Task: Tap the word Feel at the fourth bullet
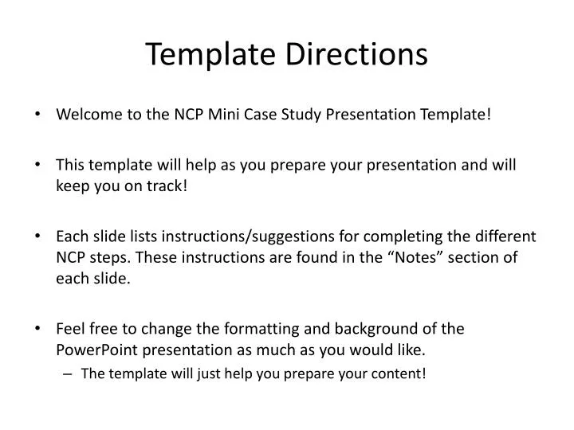point(69,329)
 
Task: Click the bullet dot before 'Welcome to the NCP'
point(39,115)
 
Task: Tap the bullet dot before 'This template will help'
point(39,166)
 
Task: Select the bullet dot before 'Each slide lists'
point(39,236)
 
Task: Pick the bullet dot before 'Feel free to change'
point(39,329)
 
